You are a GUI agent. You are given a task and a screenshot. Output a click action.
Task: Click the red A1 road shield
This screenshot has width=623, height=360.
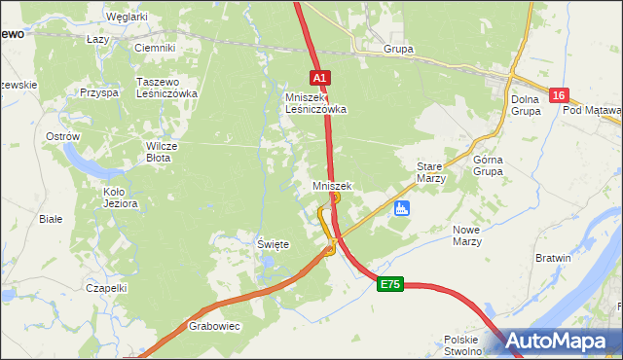pos(321,77)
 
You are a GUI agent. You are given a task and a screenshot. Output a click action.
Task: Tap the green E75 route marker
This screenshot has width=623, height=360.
pos(390,284)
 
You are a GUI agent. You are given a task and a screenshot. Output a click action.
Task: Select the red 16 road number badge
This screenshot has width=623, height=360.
pos(558,95)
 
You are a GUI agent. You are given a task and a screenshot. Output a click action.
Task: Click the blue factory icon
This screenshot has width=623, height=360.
pos(400,208)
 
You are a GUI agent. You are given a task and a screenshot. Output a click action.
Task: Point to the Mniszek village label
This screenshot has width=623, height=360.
pos(332,185)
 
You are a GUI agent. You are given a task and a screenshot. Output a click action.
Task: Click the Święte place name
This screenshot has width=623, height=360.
pos(273,244)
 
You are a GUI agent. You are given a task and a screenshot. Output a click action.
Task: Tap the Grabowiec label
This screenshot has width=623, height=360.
pos(214,327)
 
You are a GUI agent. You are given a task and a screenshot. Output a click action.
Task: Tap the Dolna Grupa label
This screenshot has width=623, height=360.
pos(525,104)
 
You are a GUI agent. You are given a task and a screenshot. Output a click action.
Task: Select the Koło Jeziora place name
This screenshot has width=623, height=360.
pos(121,198)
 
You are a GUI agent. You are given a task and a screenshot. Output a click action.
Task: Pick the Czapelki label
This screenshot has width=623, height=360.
pos(106,288)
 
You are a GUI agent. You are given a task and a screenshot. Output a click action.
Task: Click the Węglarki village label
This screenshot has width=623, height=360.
pos(127,17)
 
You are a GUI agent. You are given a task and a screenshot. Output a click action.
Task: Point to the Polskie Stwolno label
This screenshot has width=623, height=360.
pos(462,345)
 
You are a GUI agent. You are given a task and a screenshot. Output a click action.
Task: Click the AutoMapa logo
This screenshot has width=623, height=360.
pos(559,342)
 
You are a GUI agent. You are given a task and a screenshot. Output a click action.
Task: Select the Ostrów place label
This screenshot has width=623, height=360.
pos(62,137)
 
